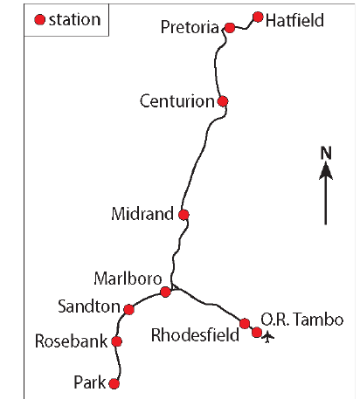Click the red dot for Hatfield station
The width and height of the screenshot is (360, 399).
(258, 17)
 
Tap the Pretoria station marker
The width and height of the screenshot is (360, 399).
(230, 28)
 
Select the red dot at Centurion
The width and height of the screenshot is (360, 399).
(223, 101)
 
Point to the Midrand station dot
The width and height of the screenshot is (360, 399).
(183, 215)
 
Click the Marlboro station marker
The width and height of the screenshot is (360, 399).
(165, 292)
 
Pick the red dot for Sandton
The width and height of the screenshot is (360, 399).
(128, 309)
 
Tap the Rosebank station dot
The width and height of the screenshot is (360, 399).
(117, 341)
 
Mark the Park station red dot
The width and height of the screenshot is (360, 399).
(114, 383)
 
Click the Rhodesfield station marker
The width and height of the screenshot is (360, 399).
(245, 323)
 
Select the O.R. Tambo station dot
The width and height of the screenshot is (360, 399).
(257, 332)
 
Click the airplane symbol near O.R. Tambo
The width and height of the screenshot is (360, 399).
(267, 338)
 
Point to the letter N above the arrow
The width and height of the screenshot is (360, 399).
(326, 153)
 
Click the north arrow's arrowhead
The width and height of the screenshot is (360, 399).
(326, 170)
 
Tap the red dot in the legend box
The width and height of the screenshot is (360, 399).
(39, 20)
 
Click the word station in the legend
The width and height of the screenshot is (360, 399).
(75, 20)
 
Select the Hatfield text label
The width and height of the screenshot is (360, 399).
(294, 20)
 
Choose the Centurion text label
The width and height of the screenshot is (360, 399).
(177, 101)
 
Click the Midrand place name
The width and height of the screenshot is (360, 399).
(142, 214)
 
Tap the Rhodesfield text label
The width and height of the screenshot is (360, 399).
(195, 334)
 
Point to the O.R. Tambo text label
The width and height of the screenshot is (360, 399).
(302, 319)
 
